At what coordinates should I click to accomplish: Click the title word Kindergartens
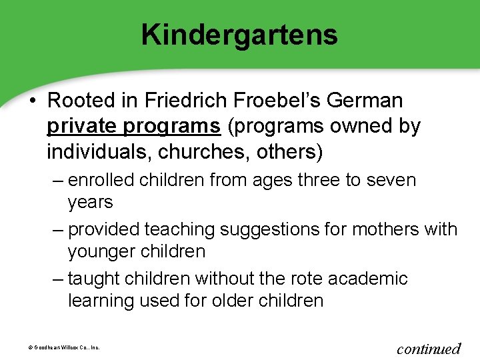pyautogui.click(x=239, y=35)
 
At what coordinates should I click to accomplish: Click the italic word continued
pyautogui.click(x=428, y=348)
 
